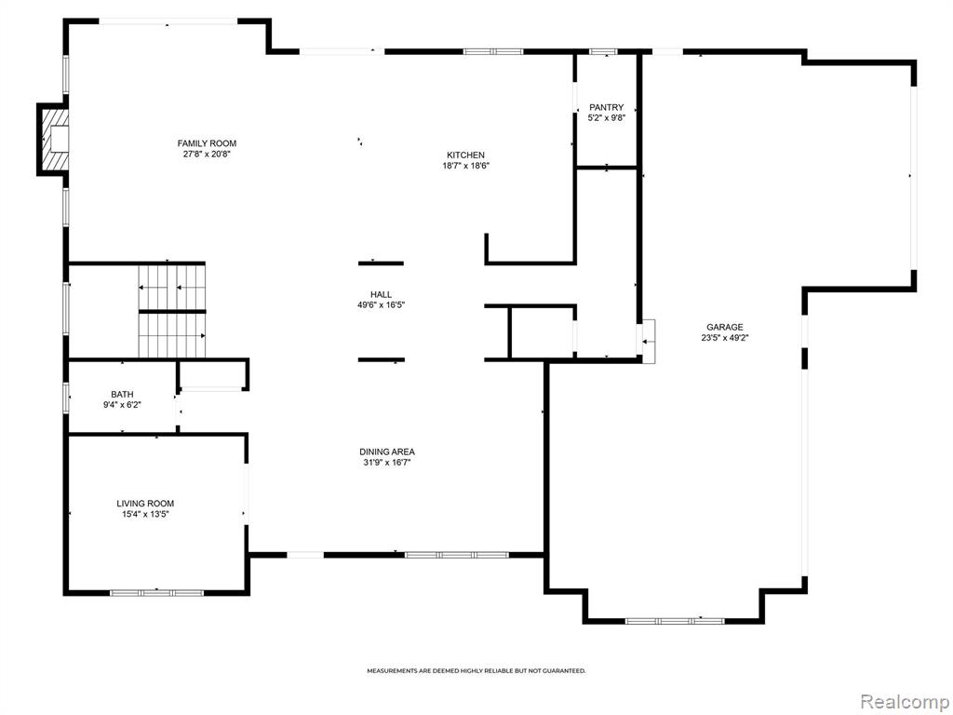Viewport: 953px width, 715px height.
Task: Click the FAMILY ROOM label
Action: [207, 143]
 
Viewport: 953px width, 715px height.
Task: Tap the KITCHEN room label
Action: [465, 155]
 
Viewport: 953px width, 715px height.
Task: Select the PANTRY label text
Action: [606, 108]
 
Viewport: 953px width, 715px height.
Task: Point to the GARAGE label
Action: [724, 327]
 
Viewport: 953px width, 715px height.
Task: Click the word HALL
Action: [381, 295]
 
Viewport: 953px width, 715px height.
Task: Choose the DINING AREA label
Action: [387, 452]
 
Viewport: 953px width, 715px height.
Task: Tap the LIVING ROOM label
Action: [145, 504]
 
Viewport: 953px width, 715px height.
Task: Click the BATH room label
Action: [122, 395]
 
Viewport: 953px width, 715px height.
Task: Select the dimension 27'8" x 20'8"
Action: [207, 155]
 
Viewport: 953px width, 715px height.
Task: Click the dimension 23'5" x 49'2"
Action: [724, 338]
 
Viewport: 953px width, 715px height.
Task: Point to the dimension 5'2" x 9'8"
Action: [606, 118]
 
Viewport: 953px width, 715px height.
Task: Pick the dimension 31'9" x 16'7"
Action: [387, 463]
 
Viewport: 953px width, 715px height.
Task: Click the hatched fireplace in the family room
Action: [53, 140]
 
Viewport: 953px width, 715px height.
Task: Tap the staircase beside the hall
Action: [172, 311]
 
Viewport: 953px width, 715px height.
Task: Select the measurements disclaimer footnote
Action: [476, 671]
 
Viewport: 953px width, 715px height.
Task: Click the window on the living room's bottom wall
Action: [156, 592]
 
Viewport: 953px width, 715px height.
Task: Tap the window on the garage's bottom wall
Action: [675, 621]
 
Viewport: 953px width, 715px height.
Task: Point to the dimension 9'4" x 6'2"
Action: [122, 405]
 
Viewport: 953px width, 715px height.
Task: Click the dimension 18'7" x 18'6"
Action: [465, 166]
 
